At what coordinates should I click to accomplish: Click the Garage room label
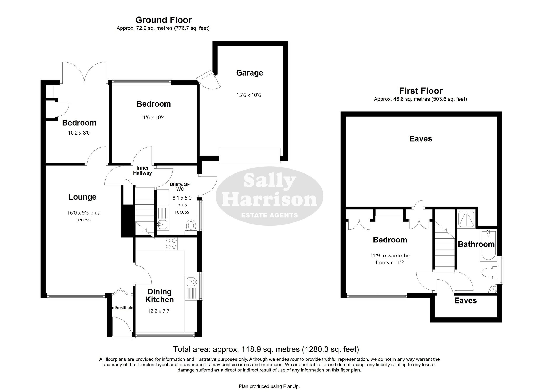249,73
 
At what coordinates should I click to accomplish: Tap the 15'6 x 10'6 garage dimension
249,95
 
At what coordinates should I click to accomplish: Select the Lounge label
82,197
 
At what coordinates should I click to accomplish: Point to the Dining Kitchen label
159,295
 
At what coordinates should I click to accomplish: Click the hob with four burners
171,244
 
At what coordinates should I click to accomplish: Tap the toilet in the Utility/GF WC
191,225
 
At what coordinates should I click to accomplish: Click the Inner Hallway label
142,170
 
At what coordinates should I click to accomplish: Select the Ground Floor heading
163,20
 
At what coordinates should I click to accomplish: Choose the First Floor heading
421,91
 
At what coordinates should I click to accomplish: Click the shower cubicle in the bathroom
467,219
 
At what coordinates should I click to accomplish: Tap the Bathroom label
476,244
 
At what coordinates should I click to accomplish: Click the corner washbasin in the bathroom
493,289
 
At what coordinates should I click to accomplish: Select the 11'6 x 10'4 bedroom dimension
153,117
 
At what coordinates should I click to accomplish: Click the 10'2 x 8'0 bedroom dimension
79,133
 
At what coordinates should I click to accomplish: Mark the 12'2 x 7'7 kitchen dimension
158,311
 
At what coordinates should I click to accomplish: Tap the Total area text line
266,349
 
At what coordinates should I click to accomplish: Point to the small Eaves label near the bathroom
465,301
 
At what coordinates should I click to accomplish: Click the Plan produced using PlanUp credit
269,386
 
